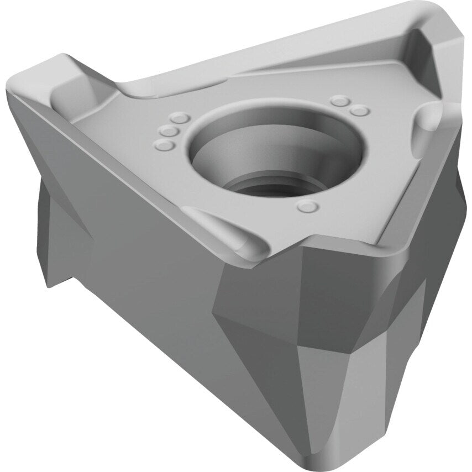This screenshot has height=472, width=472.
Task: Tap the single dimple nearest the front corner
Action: tap(308, 207)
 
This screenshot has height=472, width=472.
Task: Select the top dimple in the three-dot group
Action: tap(180, 118)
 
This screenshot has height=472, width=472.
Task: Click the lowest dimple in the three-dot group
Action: tap(164, 145)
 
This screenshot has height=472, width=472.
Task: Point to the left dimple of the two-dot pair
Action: tap(340, 101)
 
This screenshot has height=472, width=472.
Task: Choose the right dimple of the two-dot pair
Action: tap(360, 111)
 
